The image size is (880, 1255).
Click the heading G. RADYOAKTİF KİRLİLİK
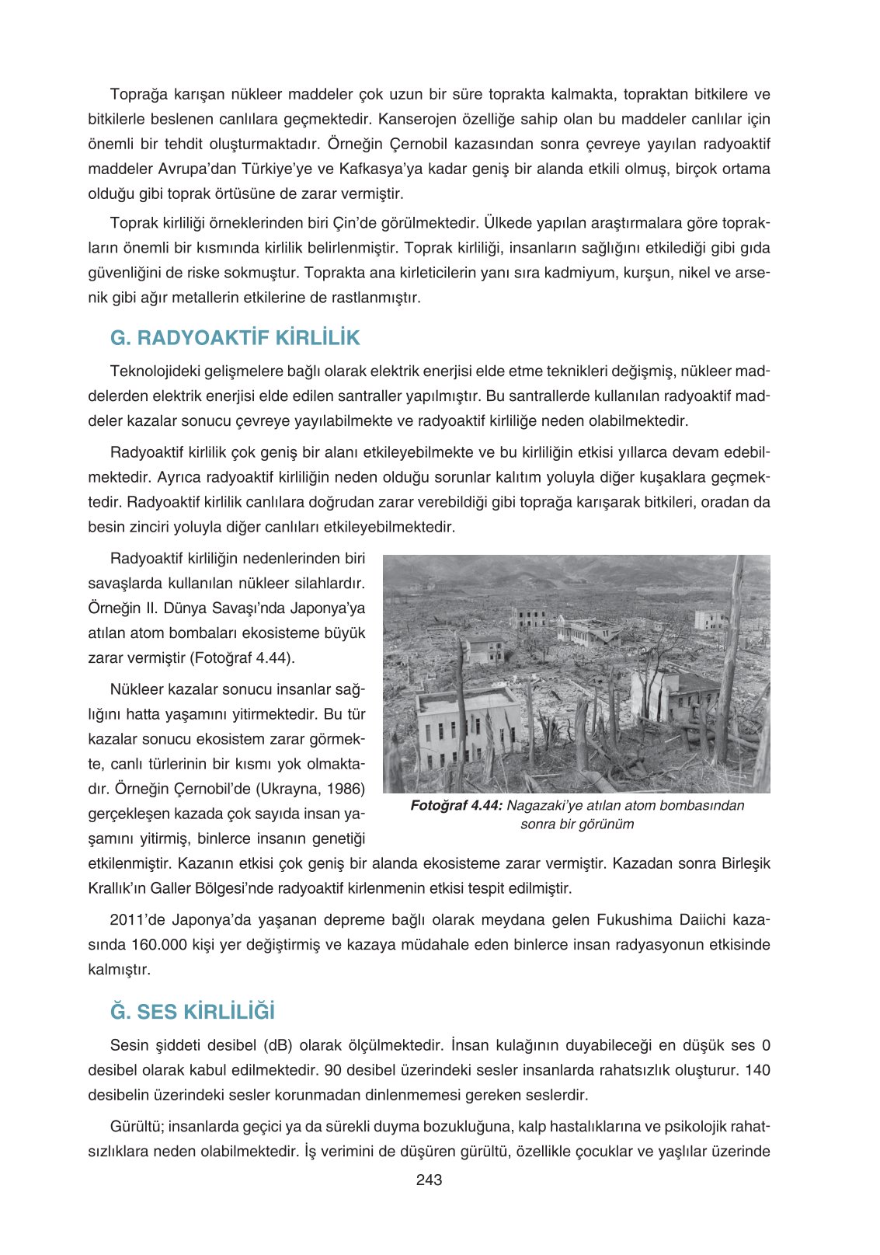click(x=235, y=338)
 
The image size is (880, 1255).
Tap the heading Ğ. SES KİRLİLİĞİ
click(x=193, y=1012)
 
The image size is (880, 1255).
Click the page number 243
click(x=429, y=1180)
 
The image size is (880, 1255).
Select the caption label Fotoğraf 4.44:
click(x=457, y=806)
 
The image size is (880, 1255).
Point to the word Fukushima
click(x=634, y=920)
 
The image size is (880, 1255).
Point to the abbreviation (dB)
click(x=278, y=1045)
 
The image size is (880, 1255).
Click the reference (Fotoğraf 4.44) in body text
click(x=242, y=657)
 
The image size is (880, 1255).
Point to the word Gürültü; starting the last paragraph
click(x=137, y=1127)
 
